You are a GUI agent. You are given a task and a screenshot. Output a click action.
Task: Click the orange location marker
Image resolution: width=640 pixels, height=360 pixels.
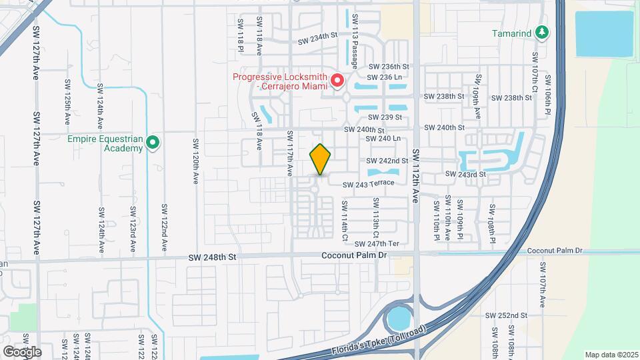pyautogui.click(x=321, y=159)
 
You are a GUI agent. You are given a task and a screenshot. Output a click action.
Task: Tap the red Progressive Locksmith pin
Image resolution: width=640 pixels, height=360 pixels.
pyautogui.click(x=337, y=81)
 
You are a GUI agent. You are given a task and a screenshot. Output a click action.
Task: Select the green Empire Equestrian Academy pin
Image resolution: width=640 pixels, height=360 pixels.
pyautogui.click(x=153, y=142)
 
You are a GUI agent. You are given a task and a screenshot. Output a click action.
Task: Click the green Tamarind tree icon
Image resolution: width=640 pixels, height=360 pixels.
pyautogui.click(x=543, y=33)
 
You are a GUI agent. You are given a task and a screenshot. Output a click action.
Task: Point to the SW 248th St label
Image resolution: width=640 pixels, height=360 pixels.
pyautogui.click(x=212, y=257)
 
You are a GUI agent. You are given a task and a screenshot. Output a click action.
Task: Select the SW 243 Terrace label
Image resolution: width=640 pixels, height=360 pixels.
pyautogui.click(x=373, y=183)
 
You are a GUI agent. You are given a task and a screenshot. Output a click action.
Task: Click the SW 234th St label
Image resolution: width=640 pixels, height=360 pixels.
pyautogui.click(x=319, y=39)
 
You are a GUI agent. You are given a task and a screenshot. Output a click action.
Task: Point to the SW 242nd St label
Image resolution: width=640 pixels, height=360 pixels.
pyautogui.click(x=387, y=161)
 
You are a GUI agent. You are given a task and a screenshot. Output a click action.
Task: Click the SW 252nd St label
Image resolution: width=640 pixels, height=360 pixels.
pyautogui.click(x=506, y=315)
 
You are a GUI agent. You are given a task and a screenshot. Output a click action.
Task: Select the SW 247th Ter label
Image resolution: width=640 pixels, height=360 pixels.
pyautogui.click(x=377, y=244)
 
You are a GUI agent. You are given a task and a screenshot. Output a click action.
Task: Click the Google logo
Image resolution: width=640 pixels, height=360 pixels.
pyautogui.click(x=22, y=351)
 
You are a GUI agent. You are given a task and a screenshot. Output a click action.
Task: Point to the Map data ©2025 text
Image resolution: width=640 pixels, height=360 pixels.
pyautogui.click(x=611, y=355)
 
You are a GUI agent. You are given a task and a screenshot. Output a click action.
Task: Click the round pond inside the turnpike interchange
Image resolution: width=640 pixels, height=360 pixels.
pyautogui.click(x=401, y=319)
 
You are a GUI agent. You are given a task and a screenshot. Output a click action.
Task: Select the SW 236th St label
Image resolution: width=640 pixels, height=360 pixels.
pyautogui.click(x=389, y=67)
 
